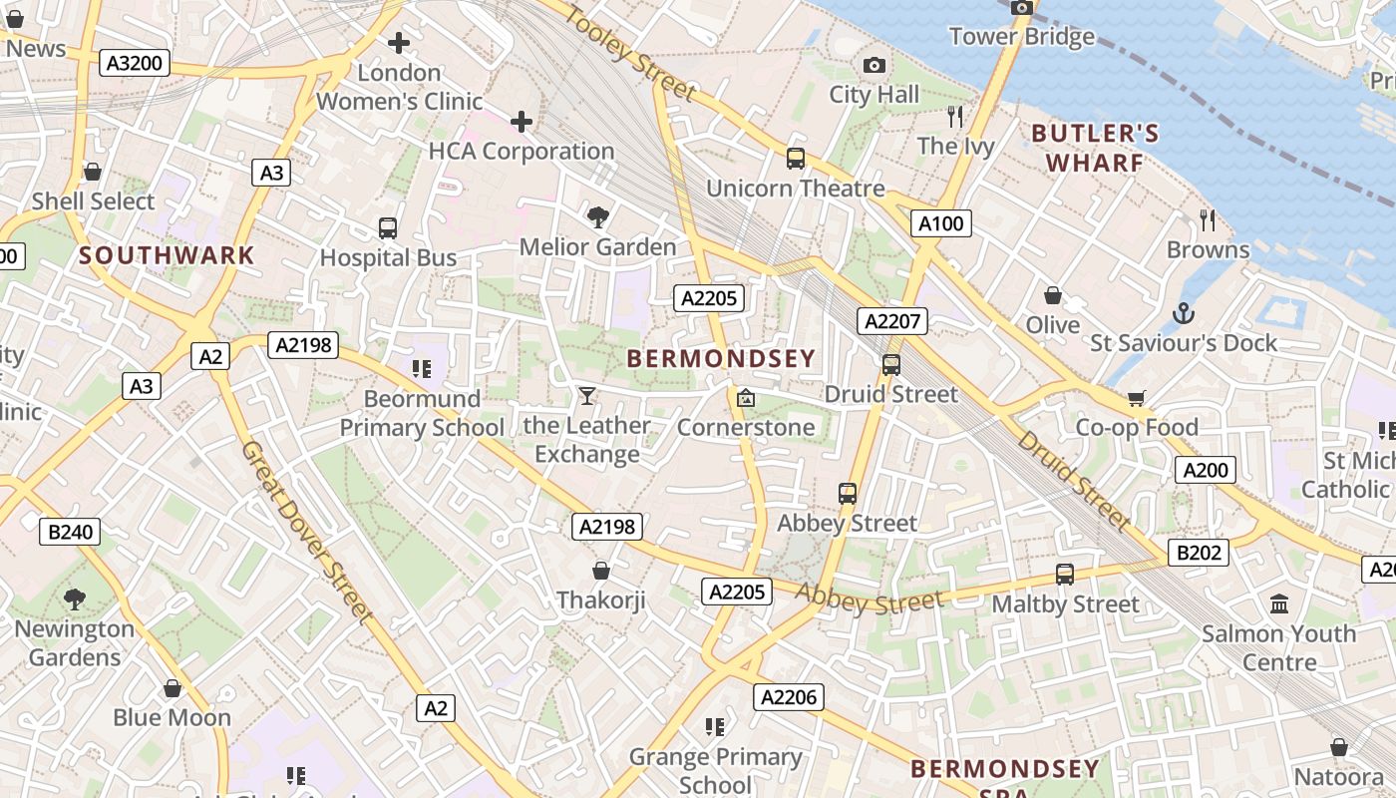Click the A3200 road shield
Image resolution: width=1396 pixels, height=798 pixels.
(x=135, y=64)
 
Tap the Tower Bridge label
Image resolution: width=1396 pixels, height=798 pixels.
(x=1022, y=37)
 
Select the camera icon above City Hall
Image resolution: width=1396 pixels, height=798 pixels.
(x=874, y=66)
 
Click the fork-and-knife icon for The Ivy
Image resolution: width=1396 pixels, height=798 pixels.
(x=956, y=117)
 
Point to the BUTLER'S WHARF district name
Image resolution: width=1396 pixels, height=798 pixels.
(x=1095, y=148)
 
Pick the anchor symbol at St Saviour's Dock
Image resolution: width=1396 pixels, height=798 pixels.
(x=1184, y=313)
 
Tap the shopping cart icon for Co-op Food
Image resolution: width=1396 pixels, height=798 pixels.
(x=1137, y=399)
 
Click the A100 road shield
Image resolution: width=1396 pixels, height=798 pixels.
(x=941, y=223)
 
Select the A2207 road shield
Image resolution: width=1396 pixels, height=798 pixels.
(x=893, y=321)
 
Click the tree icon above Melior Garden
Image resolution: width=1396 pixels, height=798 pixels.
(x=598, y=216)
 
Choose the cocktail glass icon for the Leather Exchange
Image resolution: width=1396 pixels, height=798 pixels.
(x=587, y=396)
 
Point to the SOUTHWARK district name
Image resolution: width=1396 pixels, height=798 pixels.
(x=168, y=255)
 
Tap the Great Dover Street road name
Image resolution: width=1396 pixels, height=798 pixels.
(x=306, y=531)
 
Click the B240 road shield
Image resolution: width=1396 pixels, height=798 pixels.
(x=70, y=532)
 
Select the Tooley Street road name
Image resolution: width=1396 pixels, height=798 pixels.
(x=630, y=51)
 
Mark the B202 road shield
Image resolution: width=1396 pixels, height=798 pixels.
(x=1199, y=553)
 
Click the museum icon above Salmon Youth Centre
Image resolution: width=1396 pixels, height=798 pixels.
(x=1279, y=603)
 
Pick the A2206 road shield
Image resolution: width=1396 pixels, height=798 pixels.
(x=789, y=697)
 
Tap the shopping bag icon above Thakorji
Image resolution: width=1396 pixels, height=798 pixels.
(x=601, y=571)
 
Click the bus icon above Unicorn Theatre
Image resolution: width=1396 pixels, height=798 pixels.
(x=796, y=158)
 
